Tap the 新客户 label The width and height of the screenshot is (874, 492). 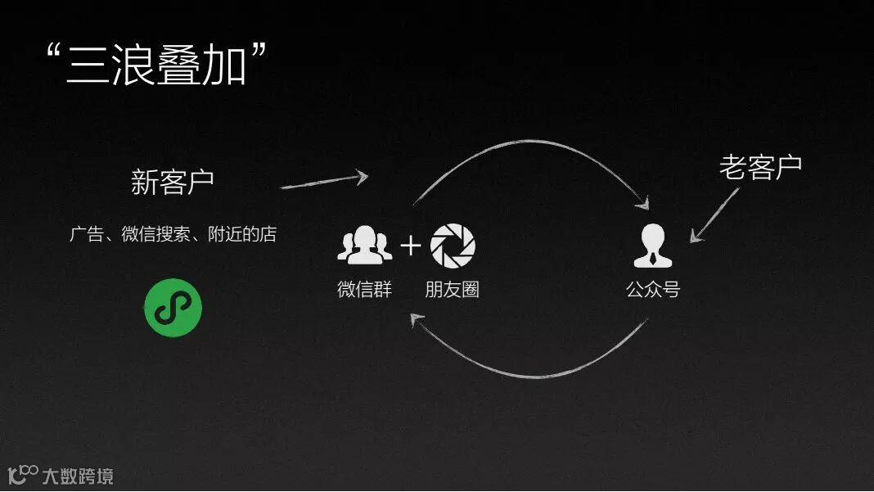173,182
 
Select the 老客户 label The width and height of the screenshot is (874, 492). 760,167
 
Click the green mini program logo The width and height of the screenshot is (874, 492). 173,307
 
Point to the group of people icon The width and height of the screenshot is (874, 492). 364,245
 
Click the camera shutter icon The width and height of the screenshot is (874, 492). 453,244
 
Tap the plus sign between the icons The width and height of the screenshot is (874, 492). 410,245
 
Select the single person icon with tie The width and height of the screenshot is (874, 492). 652,246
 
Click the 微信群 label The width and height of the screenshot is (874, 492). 364,289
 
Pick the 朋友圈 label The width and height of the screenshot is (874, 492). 452,289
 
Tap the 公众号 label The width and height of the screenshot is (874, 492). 652,289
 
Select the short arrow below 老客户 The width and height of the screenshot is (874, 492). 714,215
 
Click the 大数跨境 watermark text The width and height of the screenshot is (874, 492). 78,475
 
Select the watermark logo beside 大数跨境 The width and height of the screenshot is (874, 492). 22,474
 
